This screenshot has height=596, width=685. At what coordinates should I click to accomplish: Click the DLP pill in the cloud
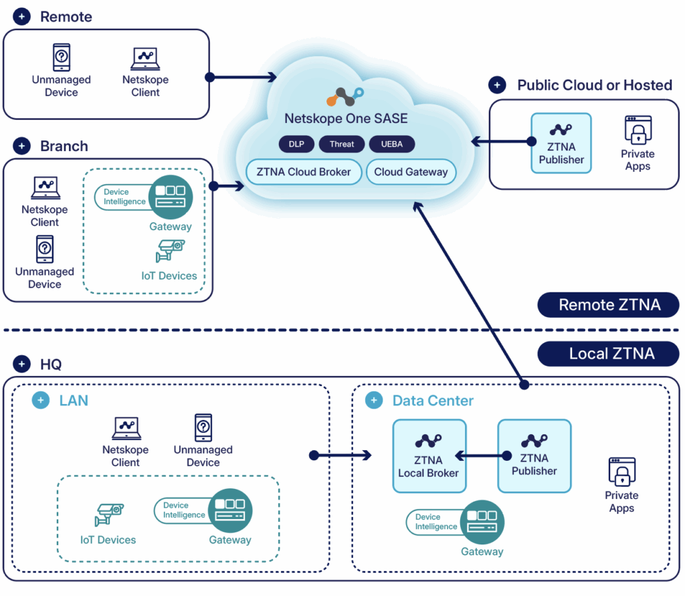[x=296, y=144]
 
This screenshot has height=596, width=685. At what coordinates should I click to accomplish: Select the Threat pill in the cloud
[x=342, y=144]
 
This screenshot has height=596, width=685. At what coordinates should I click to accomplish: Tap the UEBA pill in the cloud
[x=391, y=144]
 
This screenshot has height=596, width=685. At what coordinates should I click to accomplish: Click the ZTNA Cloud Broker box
[x=304, y=172]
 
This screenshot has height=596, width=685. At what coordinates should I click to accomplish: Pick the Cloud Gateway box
[x=411, y=172]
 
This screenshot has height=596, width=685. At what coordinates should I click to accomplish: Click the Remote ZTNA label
[x=609, y=305]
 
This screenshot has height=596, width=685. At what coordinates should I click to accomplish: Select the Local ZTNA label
[x=609, y=354]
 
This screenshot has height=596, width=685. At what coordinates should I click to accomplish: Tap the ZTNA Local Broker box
[x=429, y=456]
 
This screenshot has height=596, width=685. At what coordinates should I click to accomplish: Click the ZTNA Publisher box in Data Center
[x=534, y=456]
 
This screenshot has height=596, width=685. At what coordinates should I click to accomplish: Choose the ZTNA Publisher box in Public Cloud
[x=561, y=143]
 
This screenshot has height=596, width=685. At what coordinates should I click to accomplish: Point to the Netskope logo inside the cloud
[x=345, y=98]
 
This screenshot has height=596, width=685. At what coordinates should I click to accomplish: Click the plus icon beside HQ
[x=22, y=365]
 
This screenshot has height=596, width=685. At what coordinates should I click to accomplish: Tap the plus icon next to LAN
[x=41, y=401]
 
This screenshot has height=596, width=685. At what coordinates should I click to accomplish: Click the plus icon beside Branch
[x=22, y=146]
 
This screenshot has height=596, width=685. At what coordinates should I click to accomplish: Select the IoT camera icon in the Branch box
[x=169, y=252]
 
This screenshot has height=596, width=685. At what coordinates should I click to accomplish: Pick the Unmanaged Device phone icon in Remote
[x=62, y=58]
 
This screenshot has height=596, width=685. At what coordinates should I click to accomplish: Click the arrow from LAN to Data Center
[x=341, y=456]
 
